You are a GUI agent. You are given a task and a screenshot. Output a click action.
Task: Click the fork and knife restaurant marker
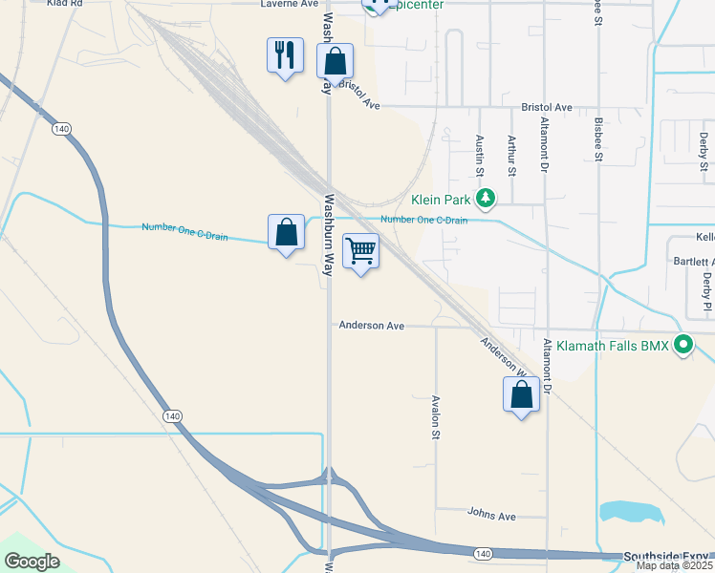pos(285,56)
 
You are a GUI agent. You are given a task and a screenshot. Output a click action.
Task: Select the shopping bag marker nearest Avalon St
pos(521,395)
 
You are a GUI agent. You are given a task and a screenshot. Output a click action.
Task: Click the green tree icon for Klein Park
pos(487,199)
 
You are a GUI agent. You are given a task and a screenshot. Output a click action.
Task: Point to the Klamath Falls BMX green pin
pos(682,344)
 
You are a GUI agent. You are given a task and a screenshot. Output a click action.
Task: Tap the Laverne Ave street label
pos(289,4)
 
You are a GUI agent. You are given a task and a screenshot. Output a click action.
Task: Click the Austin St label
pos(480,155)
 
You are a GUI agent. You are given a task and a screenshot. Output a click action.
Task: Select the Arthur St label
pos(512,156)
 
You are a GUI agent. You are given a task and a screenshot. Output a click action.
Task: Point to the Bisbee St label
pos(598,139)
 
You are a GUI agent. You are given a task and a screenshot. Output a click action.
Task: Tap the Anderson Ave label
pos(372,326)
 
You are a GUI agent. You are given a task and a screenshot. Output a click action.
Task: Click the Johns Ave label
pos(491,516)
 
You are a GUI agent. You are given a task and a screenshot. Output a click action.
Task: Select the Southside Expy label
pos(667,556)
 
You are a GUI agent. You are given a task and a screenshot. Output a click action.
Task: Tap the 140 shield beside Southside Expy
pos(483,553)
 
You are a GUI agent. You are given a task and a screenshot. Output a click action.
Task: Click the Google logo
pos(32,562)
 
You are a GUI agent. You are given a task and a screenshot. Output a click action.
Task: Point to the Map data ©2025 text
pos(676,566)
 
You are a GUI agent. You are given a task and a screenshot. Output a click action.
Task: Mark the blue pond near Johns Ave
pos(631,513)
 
